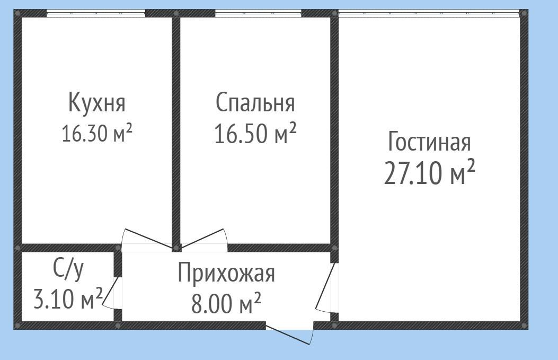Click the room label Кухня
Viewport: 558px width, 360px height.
click(x=97, y=102)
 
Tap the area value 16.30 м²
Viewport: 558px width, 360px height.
click(x=96, y=133)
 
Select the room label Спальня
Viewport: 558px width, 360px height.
click(x=255, y=102)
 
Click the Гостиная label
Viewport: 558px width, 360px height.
click(x=429, y=142)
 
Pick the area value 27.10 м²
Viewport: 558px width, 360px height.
click(x=429, y=174)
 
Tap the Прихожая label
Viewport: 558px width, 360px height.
click(x=226, y=274)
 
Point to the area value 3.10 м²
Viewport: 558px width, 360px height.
click(x=68, y=300)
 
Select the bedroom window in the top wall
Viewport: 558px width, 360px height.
click(x=258, y=13)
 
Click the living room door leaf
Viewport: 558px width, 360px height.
click(x=325, y=286)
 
